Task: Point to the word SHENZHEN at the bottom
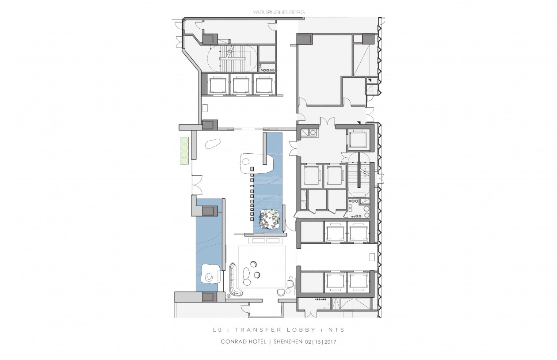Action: [x=288, y=341]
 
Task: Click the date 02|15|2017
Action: [x=321, y=341]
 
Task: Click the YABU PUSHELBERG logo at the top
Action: [x=278, y=12]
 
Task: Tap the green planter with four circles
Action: [x=184, y=151]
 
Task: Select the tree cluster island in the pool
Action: [x=270, y=220]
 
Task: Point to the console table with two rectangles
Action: [x=266, y=240]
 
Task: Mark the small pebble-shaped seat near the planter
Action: [x=212, y=144]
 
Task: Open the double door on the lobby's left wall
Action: [x=197, y=185]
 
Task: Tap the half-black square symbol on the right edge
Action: [x=369, y=80]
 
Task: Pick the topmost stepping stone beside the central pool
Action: [x=252, y=169]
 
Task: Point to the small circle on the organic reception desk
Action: [x=246, y=162]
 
